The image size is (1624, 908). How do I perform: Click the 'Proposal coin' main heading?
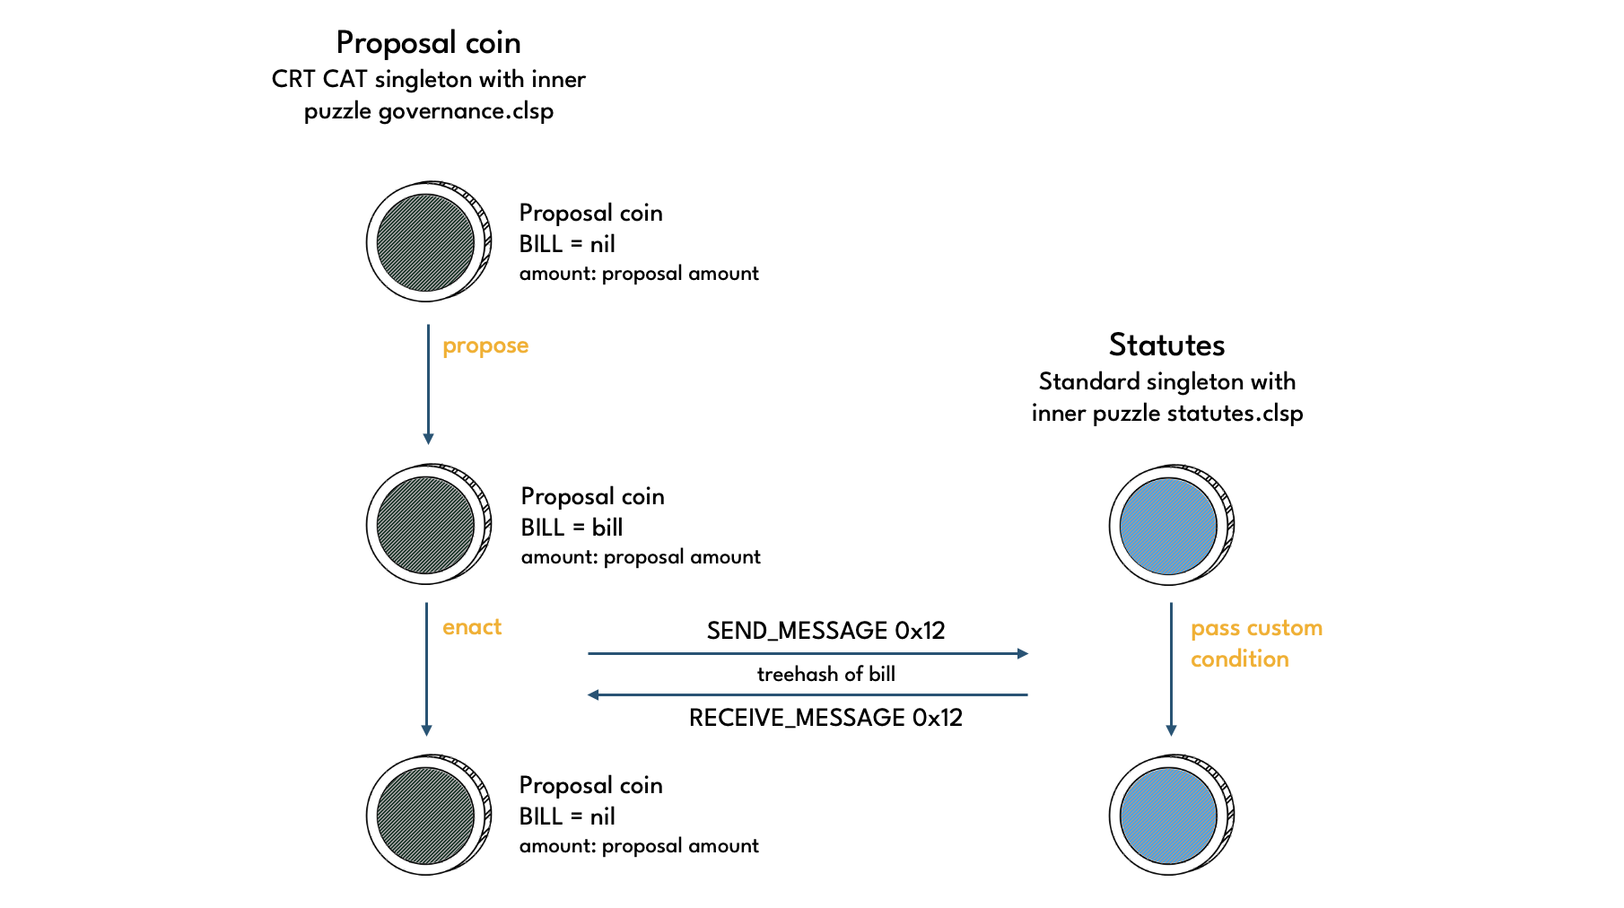click(x=428, y=43)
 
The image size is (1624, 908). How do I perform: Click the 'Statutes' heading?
click(x=1166, y=345)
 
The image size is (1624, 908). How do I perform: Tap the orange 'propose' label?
click(x=485, y=346)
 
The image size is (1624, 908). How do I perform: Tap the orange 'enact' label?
click(x=472, y=627)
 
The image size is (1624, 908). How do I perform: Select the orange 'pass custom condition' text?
click(x=1255, y=643)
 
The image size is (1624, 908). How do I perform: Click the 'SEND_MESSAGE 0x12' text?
click(x=825, y=631)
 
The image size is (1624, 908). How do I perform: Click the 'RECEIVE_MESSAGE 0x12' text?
click(x=825, y=718)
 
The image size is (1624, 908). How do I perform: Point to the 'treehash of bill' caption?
click(x=825, y=675)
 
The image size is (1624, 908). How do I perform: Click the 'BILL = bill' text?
click(x=572, y=528)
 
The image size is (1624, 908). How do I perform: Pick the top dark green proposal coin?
click(x=426, y=242)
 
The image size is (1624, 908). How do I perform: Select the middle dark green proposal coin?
click(x=426, y=526)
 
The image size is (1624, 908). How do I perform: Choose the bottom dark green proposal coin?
click(x=426, y=816)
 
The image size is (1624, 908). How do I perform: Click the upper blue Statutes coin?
click(x=1169, y=526)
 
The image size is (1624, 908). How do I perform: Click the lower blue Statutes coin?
click(x=1169, y=816)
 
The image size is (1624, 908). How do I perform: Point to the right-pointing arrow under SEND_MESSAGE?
click(x=808, y=653)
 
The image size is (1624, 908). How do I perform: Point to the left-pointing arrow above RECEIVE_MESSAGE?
click(x=808, y=694)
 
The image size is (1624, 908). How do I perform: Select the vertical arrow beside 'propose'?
click(x=428, y=384)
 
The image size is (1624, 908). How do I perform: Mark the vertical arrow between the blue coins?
click(x=1171, y=668)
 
